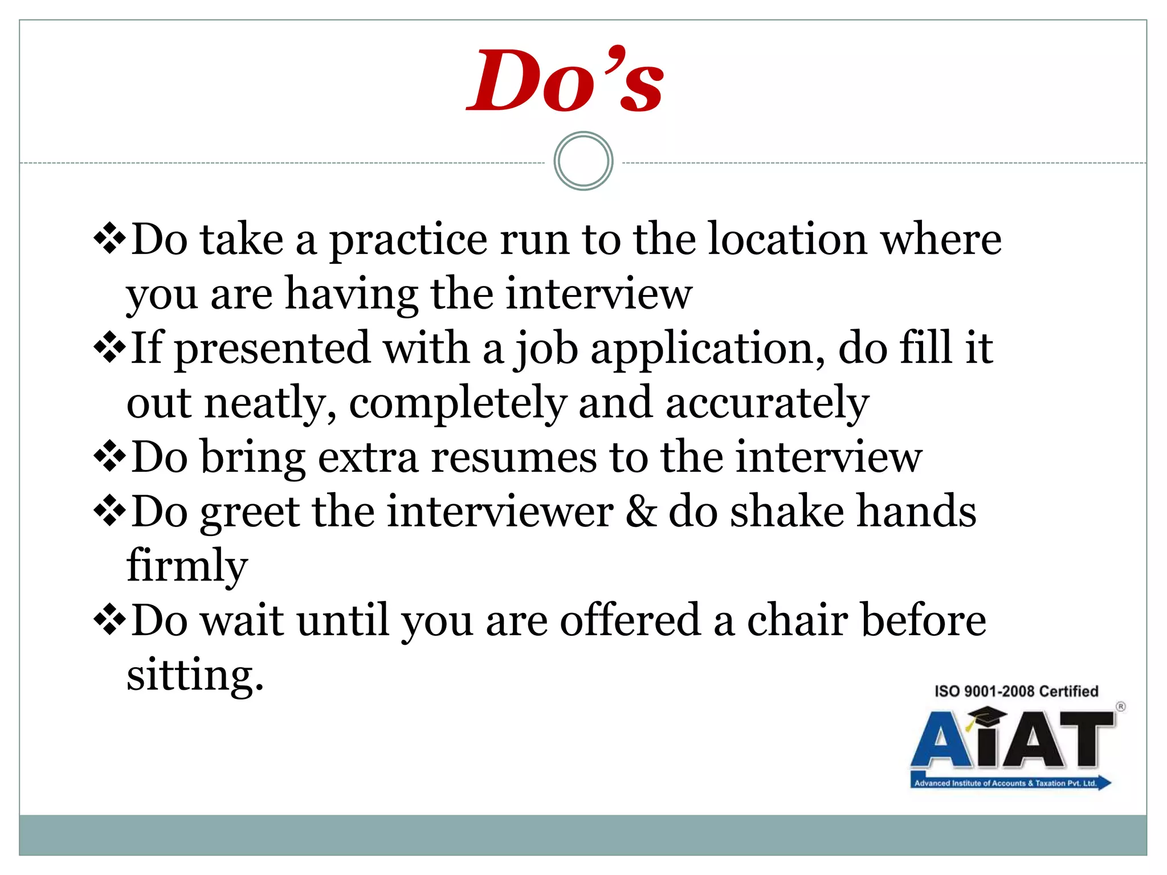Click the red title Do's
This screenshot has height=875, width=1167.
[564, 81]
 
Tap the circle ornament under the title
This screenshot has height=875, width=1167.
[583, 161]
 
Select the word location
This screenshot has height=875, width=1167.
[787, 239]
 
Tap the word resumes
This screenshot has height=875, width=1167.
[513, 457]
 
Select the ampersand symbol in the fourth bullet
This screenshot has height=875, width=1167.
[642, 512]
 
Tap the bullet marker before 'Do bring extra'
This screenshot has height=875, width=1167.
[109, 456]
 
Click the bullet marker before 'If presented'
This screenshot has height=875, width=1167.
[109, 347]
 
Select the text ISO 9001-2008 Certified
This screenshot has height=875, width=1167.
[1016, 691]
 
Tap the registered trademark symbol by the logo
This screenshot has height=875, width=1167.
[1120, 706]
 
